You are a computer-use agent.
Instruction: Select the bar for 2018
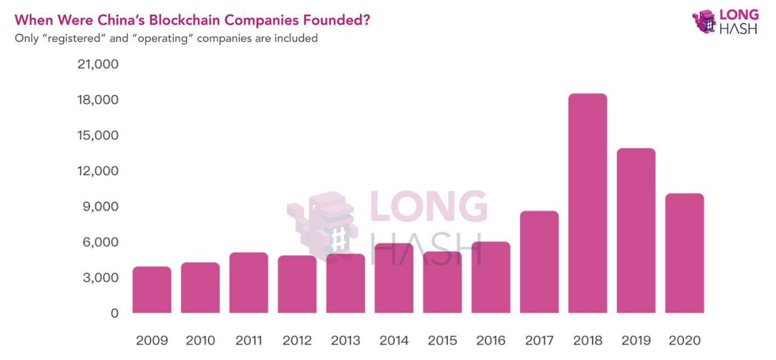(588, 203)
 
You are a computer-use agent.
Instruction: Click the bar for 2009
(152, 290)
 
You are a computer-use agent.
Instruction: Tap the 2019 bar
(636, 231)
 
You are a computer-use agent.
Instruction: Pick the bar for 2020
(684, 253)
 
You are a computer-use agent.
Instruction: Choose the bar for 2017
(539, 262)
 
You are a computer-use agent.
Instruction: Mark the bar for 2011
(249, 282)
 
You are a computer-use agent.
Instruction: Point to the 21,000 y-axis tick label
(98, 64)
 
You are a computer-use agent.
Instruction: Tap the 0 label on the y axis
(114, 313)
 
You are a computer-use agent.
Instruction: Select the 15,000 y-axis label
(98, 136)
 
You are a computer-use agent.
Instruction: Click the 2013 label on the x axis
(346, 341)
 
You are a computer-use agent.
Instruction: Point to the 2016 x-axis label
(491, 341)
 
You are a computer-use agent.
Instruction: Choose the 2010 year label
(200, 341)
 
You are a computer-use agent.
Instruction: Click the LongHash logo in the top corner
(725, 21)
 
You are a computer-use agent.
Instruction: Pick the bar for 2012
(297, 284)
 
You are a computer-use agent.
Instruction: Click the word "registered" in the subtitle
(70, 38)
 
